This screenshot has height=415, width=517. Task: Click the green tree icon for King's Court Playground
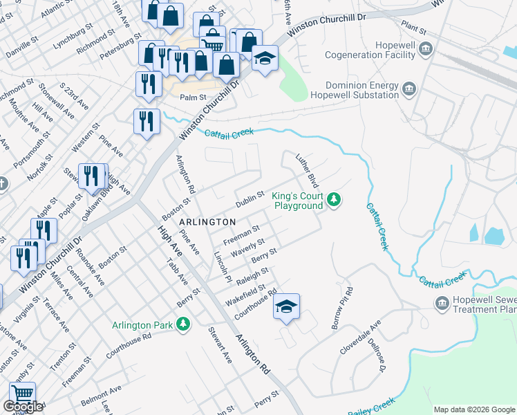335,201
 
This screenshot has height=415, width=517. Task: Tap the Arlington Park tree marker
183,324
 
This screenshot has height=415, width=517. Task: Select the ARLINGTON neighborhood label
207,221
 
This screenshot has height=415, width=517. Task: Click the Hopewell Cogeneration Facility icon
426,48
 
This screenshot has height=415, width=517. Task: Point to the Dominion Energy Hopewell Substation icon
409,89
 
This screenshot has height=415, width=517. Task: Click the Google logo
23,407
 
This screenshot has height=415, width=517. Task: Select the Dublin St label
250,201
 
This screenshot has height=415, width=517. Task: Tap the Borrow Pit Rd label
341,308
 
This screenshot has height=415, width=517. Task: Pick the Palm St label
194,98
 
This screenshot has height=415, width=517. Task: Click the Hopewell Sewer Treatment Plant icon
442,303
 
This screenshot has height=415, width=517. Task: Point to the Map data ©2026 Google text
473,409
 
